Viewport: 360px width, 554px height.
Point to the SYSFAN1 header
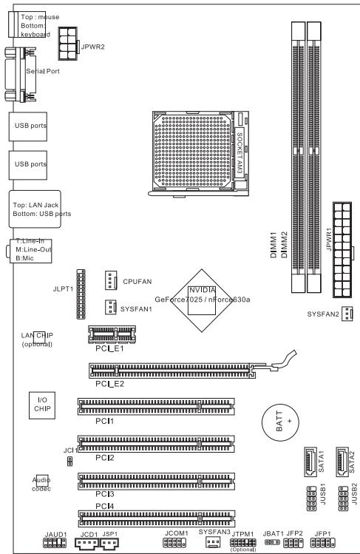pyautogui.click(x=108, y=307)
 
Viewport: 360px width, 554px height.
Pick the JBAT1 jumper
pyautogui.click(x=273, y=542)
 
